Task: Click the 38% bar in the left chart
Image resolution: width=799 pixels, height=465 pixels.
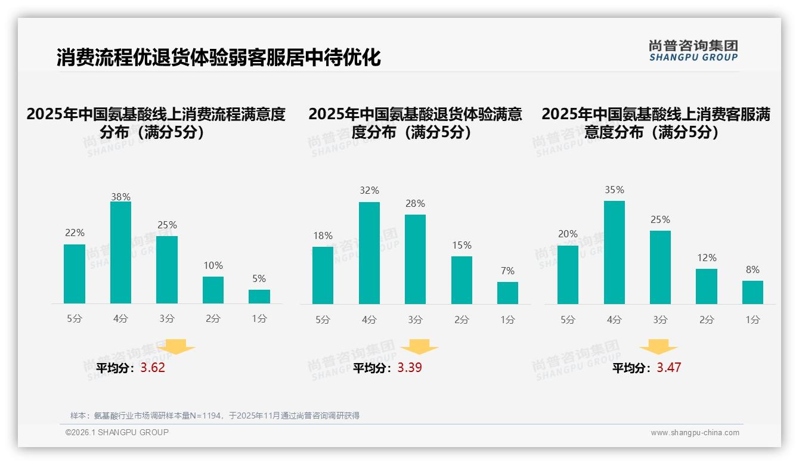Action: (x=120, y=252)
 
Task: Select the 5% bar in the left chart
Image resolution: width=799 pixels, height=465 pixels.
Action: (x=259, y=296)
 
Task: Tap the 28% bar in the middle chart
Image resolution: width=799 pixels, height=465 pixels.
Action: (x=415, y=259)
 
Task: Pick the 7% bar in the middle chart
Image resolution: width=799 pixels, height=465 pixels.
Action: (x=507, y=293)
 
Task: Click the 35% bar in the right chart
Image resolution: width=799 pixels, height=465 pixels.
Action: (x=614, y=252)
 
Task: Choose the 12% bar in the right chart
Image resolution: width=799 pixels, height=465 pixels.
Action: (x=707, y=286)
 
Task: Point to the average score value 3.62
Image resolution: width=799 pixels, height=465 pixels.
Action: (x=153, y=368)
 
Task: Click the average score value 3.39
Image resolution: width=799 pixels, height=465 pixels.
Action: (x=410, y=368)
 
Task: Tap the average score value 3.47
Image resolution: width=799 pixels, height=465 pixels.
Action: (x=668, y=368)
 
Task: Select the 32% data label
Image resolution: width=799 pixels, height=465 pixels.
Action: (x=369, y=191)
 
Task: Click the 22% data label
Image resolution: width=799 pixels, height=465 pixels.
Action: (x=75, y=233)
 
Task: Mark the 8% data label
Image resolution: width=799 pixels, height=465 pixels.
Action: (x=752, y=270)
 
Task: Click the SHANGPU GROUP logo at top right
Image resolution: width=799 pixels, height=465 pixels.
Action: (x=693, y=51)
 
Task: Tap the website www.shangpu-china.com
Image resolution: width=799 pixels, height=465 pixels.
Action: (x=695, y=433)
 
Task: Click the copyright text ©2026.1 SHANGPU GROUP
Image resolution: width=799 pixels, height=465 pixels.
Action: (x=117, y=432)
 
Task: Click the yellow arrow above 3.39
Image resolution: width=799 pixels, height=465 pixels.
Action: (x=419, y=347)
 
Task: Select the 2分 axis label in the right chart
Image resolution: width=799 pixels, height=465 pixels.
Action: (x=707, y=320)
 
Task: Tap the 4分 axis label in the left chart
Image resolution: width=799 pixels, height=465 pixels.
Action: (x=120, y=319)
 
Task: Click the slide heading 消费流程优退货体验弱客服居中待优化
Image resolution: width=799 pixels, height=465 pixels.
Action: (x=218, y=58)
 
